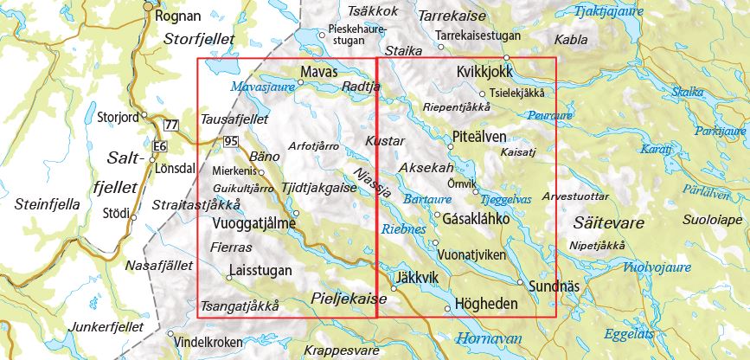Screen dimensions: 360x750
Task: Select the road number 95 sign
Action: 230,142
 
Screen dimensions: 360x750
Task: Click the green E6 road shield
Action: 159,147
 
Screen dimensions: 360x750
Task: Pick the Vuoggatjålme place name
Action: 254,223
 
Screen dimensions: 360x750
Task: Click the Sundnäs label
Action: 549,285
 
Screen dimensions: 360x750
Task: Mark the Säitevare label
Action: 608,223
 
